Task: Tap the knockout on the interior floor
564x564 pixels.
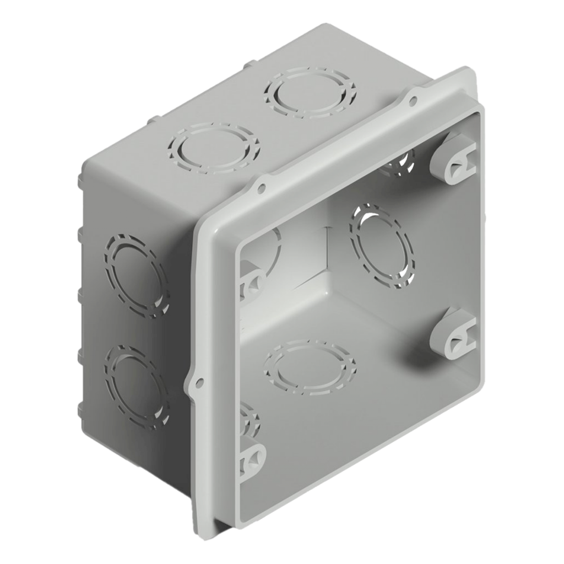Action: point(310,367)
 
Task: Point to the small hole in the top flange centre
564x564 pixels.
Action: point(412,101)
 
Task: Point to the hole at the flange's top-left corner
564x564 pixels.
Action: point(261,189)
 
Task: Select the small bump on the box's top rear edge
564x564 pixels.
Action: point(247,64)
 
